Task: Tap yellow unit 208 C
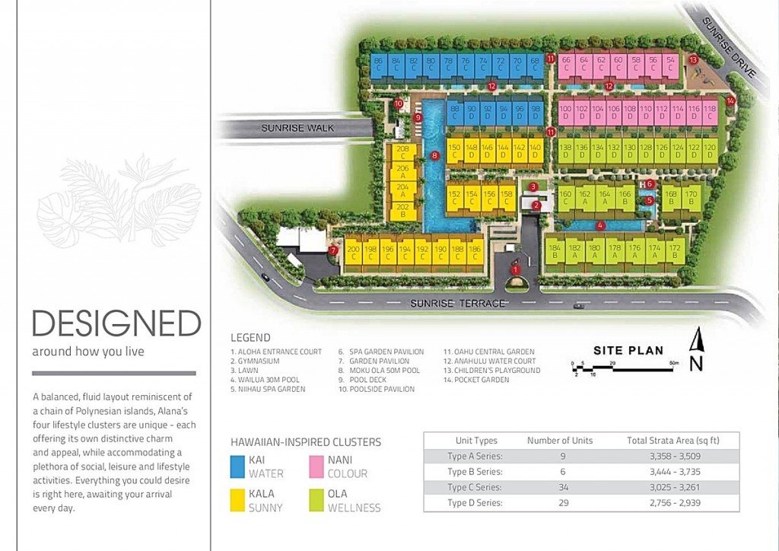[x=403, y=152]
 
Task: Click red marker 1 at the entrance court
[x=516, y=269]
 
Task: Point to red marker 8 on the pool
[x=434, y=156]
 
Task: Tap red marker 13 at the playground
[x=693, y=59]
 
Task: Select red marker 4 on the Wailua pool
[x=600, y=225]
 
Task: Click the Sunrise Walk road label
[x=297, y=128]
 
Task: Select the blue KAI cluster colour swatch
[x=237, y=466]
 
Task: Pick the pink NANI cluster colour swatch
[x=316, y=466]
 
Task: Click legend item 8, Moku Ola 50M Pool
[x=379, y=371]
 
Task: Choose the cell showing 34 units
[x=559, y=487]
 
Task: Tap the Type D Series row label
[x=475, y=503]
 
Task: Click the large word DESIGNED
[x=116, y=323]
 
